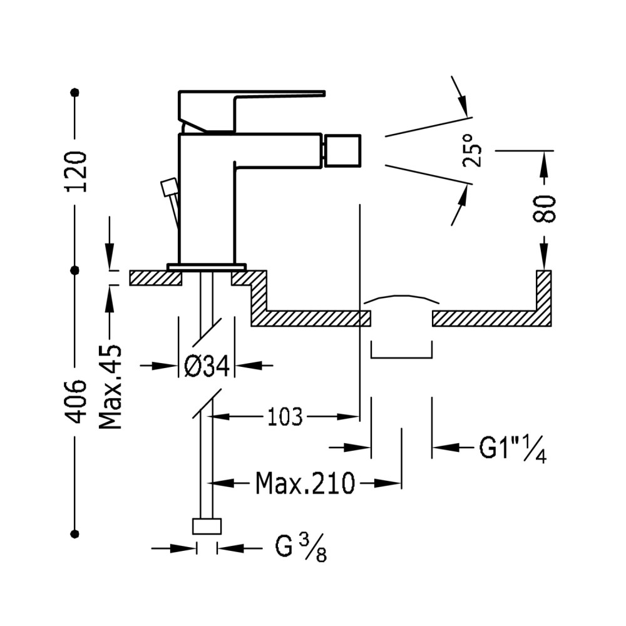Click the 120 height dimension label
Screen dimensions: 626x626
[76, 172]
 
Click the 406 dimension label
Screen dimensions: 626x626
[76, 402]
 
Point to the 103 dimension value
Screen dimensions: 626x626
[285, 417]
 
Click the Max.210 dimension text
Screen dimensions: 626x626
[305, 483]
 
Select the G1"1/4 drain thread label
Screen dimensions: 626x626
[513, 448]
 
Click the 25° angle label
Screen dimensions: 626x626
[472, 150]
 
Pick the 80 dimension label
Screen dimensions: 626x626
[544, 208]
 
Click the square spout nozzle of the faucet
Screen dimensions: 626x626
[343, 150]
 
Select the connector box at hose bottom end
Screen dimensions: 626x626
[207, 526]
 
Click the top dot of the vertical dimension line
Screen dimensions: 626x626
[74, 93]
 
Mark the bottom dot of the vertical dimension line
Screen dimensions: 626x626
[74, 534]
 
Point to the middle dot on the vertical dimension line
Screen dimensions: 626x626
[74, 270]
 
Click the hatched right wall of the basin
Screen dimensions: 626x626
[544, 298]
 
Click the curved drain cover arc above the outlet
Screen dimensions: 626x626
[402, 298]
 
